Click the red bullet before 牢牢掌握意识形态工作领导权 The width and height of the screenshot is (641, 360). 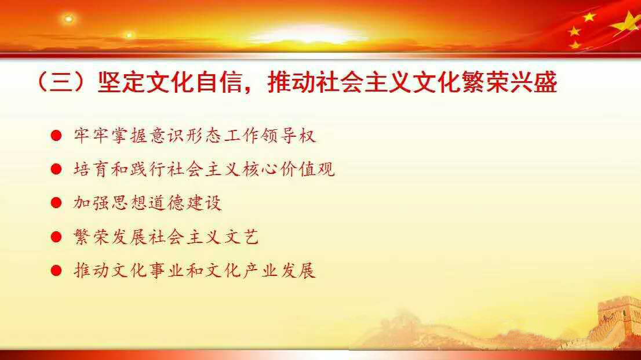56,136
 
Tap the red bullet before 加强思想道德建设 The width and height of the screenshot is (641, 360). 56,203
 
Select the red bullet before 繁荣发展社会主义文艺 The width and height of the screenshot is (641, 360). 56,237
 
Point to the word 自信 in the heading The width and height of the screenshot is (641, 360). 220,82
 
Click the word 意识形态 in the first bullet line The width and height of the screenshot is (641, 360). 185,136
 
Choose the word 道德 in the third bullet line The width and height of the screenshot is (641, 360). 167,203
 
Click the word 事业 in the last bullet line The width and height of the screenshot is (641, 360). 167,270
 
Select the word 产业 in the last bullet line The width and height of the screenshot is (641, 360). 260,270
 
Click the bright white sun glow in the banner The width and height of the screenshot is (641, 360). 304,33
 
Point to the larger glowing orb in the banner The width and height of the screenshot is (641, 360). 68,19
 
